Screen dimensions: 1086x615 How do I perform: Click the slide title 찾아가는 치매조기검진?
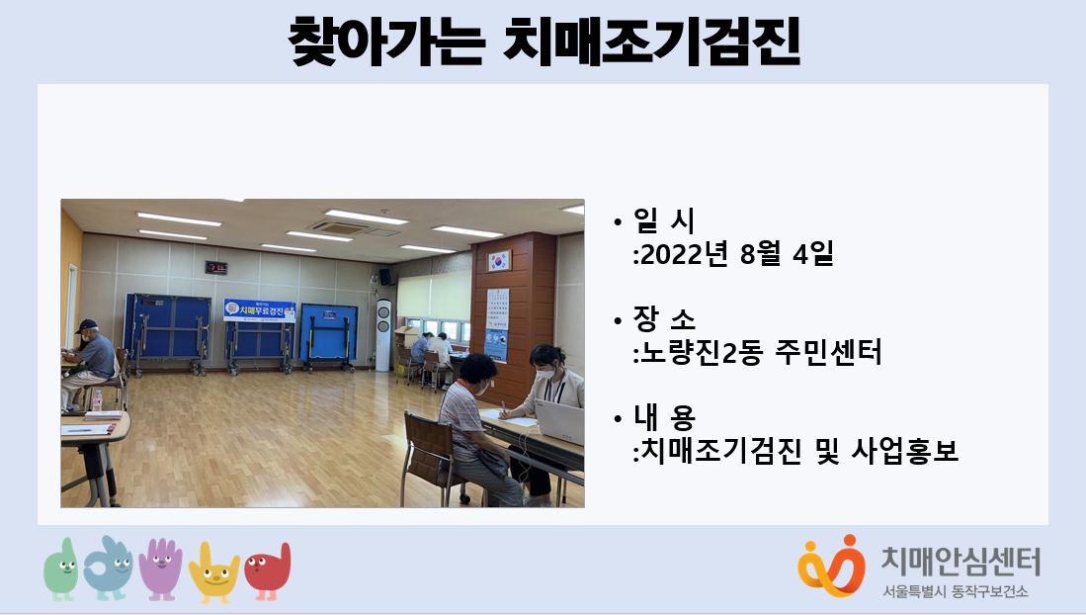tap(543, 42)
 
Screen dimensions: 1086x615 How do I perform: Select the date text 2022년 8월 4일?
tap(736, 254)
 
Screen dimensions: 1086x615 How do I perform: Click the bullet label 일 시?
tap(663, 220)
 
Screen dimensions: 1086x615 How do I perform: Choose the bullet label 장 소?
tap(663, 319)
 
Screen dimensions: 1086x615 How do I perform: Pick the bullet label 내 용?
tap(663, 416)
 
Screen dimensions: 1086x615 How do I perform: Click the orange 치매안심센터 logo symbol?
tap(831, 566)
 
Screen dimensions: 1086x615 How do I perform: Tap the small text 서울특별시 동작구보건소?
tap(956, 591)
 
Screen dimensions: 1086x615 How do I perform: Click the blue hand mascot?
tap(109, 568)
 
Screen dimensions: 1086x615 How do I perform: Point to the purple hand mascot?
tap(161, 569)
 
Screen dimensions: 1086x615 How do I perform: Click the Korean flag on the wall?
tap(499, 261)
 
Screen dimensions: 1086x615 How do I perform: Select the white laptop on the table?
tap(559, 421)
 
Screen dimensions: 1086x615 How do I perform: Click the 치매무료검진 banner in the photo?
tap(260, 310)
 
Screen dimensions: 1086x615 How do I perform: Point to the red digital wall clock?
tap(216, 267)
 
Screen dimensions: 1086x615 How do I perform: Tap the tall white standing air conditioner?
tap(383, 335)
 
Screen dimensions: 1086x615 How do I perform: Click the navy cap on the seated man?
tap(86, 325)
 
